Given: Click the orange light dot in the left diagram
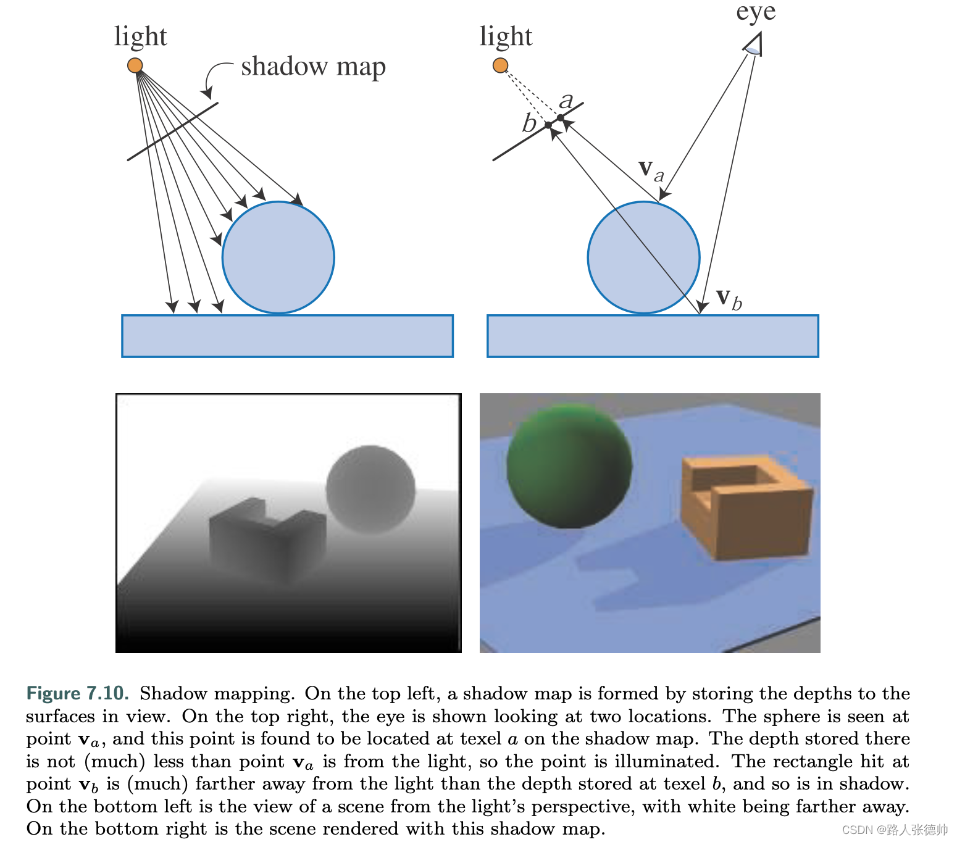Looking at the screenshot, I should coord(135,65).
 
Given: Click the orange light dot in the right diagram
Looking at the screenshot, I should coord(500,65).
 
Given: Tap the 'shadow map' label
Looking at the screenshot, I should coord(313,67).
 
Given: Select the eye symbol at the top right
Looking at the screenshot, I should coord(754,45).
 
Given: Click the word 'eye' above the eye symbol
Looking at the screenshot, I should coord(755,12).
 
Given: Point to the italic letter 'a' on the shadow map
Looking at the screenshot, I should coord(566,100).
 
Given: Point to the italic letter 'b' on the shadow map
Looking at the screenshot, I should coord(529,123).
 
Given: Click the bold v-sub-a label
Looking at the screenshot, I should coord(651,169).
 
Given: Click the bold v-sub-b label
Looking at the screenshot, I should coord(729,299).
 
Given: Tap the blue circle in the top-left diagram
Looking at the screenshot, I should coord(278,257).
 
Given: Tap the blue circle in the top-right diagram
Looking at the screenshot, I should coord(643,257).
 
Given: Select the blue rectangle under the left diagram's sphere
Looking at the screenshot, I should coord(287,336).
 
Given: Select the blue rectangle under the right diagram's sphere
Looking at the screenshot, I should coord(653,336).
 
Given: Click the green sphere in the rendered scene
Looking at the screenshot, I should coord(569,466).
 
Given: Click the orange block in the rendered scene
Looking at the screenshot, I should coord(746,507).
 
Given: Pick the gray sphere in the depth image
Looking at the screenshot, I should coord(370,489).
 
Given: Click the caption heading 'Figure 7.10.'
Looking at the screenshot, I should coord(77,693).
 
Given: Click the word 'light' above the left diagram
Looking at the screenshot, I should coord(140,37).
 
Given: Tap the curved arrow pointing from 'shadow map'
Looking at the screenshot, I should coord(213,77).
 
